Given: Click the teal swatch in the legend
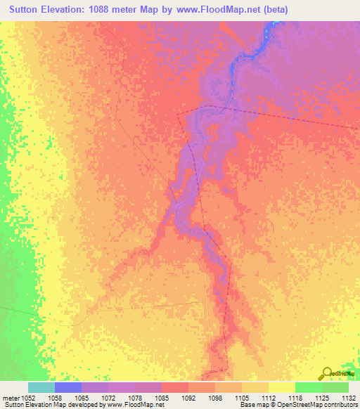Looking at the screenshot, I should pyautogui.click(x=41, y=387).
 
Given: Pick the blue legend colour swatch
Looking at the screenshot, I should pyautogui.click(x=68, y=387).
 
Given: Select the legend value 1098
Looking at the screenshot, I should pyautogui.click(x=214, y=397).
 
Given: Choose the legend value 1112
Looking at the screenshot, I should pyautogui.click(x=268, y=397).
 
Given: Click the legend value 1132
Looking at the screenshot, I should pyautogui.click(x=347, y=397).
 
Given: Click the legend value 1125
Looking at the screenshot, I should pyautogui.click(x=321, y=397).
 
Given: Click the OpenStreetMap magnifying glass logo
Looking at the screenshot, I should pyautogui.click(x=326, y=372).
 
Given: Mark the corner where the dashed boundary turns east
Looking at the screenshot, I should pyautogui.click(x=177, y=113).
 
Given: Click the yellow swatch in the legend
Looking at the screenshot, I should pyautogui.click(x=282, y=387).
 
